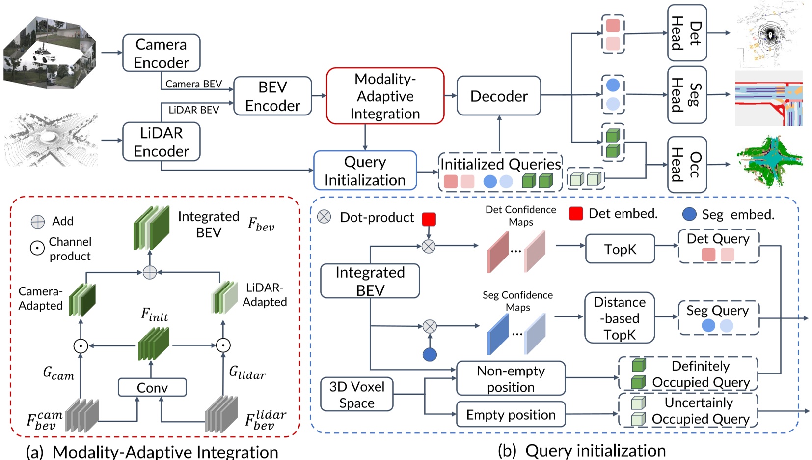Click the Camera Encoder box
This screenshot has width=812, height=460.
point(161,53)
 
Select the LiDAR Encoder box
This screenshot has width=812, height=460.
point(161,142)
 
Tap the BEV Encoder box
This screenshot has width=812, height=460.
point(272,96)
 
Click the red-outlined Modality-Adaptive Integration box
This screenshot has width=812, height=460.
point(385,96)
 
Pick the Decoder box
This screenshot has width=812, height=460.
point(499,96)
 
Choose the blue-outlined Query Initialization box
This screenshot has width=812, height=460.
point(365,171)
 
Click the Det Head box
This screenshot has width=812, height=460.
point(686,33)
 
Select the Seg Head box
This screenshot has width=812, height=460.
point(686,95)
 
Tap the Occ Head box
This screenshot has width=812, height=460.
point(686,165)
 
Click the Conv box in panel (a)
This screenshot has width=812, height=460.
point(152,387)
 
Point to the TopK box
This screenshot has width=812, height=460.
point(620,249)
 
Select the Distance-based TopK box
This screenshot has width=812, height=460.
point(620,318)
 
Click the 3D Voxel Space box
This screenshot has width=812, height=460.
point(357,394)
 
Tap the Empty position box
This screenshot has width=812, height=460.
point(511,414)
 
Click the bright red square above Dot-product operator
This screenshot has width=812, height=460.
point(429,219)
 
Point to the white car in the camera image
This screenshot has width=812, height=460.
point(44,56)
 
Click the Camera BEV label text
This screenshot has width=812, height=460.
point(193,84)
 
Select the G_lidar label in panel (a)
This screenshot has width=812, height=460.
point(247,373)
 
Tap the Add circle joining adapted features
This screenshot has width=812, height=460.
point(150,272)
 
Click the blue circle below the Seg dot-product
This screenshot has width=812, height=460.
point(430,354)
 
